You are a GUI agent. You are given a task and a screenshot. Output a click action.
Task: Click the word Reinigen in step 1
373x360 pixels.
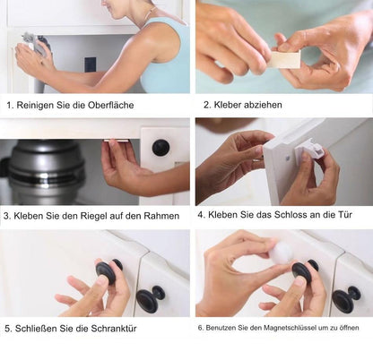[37, 105]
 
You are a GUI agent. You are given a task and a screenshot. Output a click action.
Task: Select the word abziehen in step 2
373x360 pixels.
[261, 105]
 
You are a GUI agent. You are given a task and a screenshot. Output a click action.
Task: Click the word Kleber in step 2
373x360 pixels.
[224, 105]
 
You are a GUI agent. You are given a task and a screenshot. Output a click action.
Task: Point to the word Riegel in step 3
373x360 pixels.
[91, 216]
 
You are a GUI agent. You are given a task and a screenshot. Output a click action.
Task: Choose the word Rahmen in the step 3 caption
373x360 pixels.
[160, 216]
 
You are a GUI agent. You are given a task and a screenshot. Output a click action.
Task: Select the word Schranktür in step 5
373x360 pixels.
[118, 328]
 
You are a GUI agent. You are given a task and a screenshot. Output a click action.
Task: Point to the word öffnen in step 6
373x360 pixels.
[348, 328]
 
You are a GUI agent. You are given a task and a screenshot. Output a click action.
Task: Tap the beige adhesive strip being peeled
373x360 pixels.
[285, 59]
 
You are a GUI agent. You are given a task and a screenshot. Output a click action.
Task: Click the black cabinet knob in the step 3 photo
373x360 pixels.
[160, 148]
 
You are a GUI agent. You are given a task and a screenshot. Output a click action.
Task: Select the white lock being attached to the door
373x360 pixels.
[309, 154]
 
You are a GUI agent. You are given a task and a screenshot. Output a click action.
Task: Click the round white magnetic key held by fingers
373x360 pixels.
[282, 253]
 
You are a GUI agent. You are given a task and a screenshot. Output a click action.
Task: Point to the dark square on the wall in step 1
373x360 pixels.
[90, 64]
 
